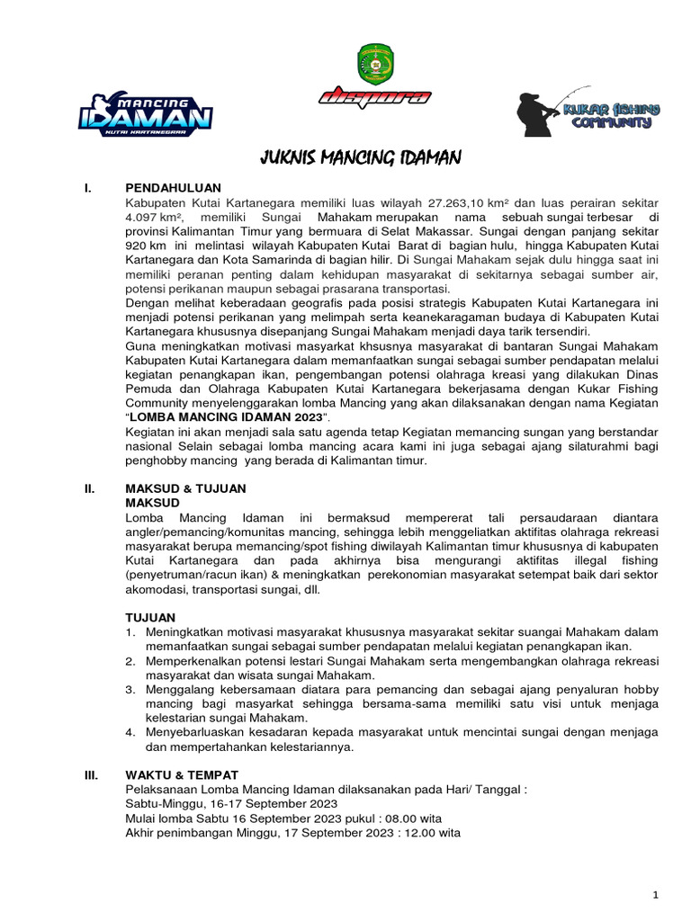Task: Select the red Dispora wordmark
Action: point(374,98)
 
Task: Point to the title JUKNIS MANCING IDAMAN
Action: point(360,159)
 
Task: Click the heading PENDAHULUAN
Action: point(173,188)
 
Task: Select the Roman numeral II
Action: point(89,488)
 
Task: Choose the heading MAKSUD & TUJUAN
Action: point(185,488)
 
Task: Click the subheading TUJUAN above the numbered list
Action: point(150,618)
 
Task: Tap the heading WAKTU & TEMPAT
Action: point(182,774)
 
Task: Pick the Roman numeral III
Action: point(90,774)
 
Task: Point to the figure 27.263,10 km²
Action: point(475,202)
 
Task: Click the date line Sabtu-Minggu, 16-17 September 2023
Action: point(231,803)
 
